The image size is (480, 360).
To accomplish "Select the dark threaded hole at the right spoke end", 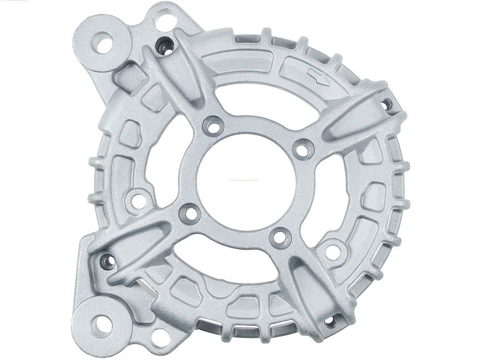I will (x=387, y=104).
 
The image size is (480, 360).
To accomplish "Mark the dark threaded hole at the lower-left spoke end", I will (x=107, y=260).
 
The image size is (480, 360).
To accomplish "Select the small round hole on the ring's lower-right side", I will (x=333, y=250).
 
